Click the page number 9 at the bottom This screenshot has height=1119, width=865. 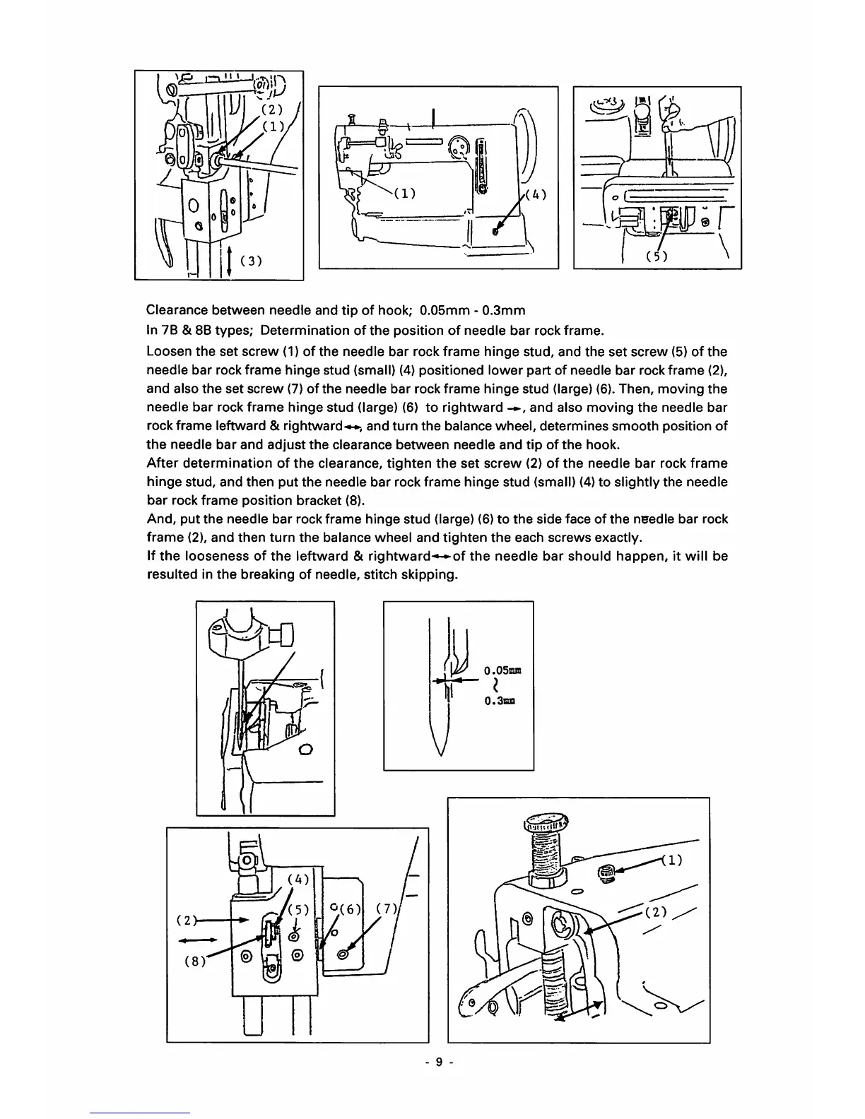tap(438, 1062)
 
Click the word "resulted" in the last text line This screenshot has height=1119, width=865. tap(170, 574)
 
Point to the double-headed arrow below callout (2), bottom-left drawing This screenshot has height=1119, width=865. tap(197, 940)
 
